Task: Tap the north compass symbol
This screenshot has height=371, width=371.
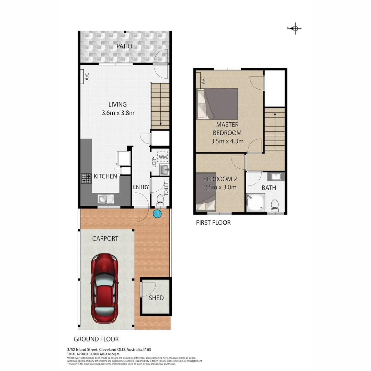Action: [295, 29]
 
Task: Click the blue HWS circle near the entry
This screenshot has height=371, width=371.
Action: [157, 214]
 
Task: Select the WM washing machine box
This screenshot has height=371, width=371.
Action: [163, 157]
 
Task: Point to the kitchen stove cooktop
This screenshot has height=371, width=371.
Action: [86, 178]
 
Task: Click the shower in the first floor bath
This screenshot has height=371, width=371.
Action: [256, 203]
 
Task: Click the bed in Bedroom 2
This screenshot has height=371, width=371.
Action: [206, 192]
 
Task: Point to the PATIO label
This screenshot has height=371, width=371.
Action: [124, 46]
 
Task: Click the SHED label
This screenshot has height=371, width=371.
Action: [156, 298]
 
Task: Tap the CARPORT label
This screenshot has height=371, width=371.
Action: [105, 238]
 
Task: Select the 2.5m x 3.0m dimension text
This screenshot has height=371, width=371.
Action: [220, 187]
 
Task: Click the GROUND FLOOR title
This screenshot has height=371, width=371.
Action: [96, 339]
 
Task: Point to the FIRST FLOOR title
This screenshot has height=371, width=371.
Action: [213, 223]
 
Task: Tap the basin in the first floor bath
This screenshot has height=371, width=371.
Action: [276, 177]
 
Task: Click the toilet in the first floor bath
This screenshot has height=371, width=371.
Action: [275, 205]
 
